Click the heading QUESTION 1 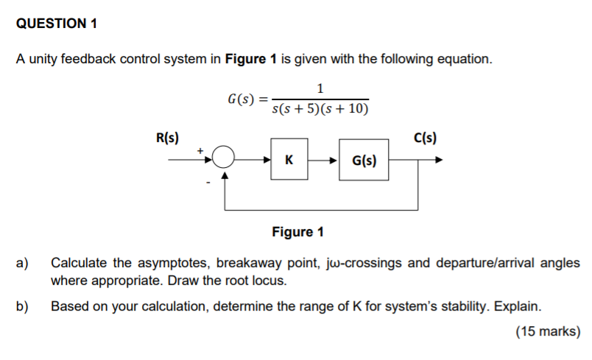(57, 24)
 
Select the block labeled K (289, 159)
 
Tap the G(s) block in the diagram (364, 160)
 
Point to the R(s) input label (167, 137)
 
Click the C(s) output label (425, 137)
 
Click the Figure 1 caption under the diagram (297, 232)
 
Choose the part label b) (23, 306)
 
